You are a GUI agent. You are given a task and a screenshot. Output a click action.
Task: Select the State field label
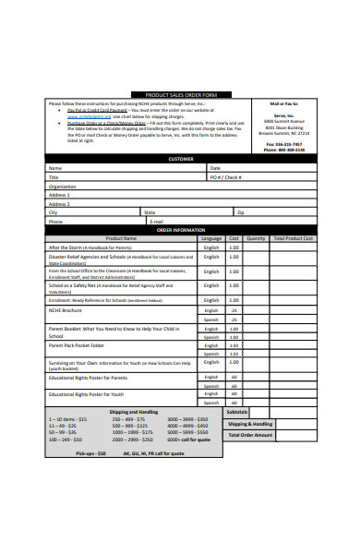(150, 212)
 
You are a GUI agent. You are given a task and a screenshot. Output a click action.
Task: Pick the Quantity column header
(256, 238)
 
